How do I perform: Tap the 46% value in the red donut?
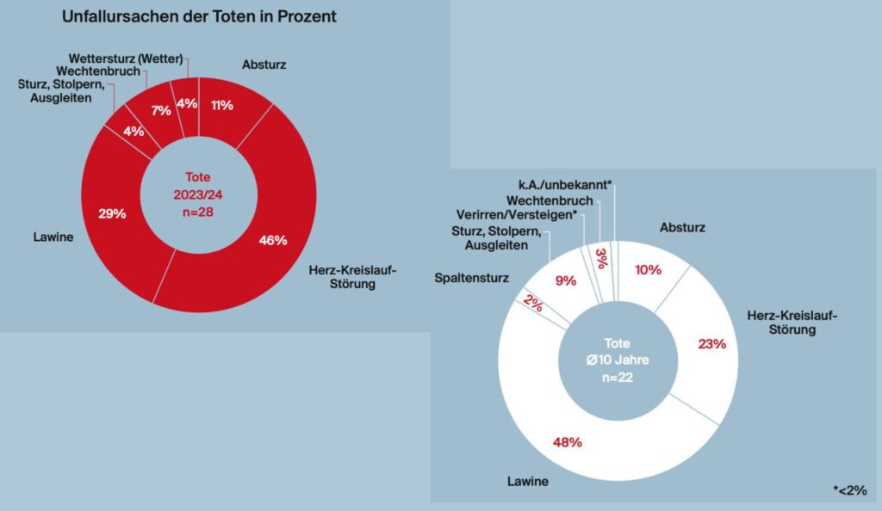(x=274, y=240)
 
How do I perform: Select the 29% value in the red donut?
(x=112, y=213)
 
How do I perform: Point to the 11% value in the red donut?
(x=222, y=104)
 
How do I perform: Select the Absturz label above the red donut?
(x=264, y=64)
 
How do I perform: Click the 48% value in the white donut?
(x=567, y=442)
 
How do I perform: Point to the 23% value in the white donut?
(x=712, y=343)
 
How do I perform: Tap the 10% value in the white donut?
(x=648, y=269)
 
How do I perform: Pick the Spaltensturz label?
(x=472, y=278)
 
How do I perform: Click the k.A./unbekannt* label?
(x=564, y=185)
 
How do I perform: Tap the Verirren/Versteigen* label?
(x=515, y=214)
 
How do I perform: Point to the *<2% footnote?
(x=849, y=490)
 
